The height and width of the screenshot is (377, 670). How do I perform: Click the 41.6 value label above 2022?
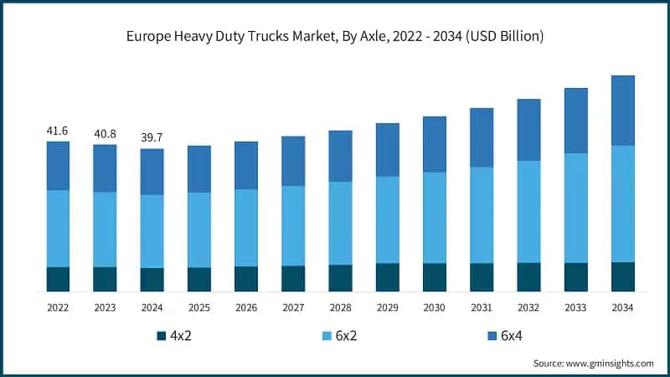coord(58,132)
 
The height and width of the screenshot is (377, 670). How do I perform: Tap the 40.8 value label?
coord(105,135)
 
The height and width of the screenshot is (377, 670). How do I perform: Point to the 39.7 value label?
coord(152,139)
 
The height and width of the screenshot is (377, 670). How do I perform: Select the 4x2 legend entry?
coord(175,336)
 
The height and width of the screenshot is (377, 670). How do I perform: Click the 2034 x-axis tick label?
coord(622,307)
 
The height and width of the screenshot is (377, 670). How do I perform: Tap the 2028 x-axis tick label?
coord(340,307)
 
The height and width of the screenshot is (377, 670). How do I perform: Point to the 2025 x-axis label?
coord(199,307)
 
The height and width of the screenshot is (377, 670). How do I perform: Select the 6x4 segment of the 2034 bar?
coord(622,111)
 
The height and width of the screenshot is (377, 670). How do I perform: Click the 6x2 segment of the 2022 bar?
coord(58,228)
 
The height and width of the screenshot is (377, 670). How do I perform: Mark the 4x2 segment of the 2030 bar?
coord(434,277)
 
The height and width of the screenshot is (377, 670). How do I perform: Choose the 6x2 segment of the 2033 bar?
coord(575,208)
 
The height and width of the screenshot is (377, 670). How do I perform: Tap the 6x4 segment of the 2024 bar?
coord(152,172)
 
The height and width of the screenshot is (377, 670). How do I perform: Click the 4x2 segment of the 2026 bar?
coord(246,279)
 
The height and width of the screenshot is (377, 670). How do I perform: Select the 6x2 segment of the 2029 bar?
coord(387,219)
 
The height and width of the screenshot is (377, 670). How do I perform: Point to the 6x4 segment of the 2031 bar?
coord(482,137)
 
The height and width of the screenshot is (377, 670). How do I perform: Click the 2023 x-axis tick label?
coord(105,307)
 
